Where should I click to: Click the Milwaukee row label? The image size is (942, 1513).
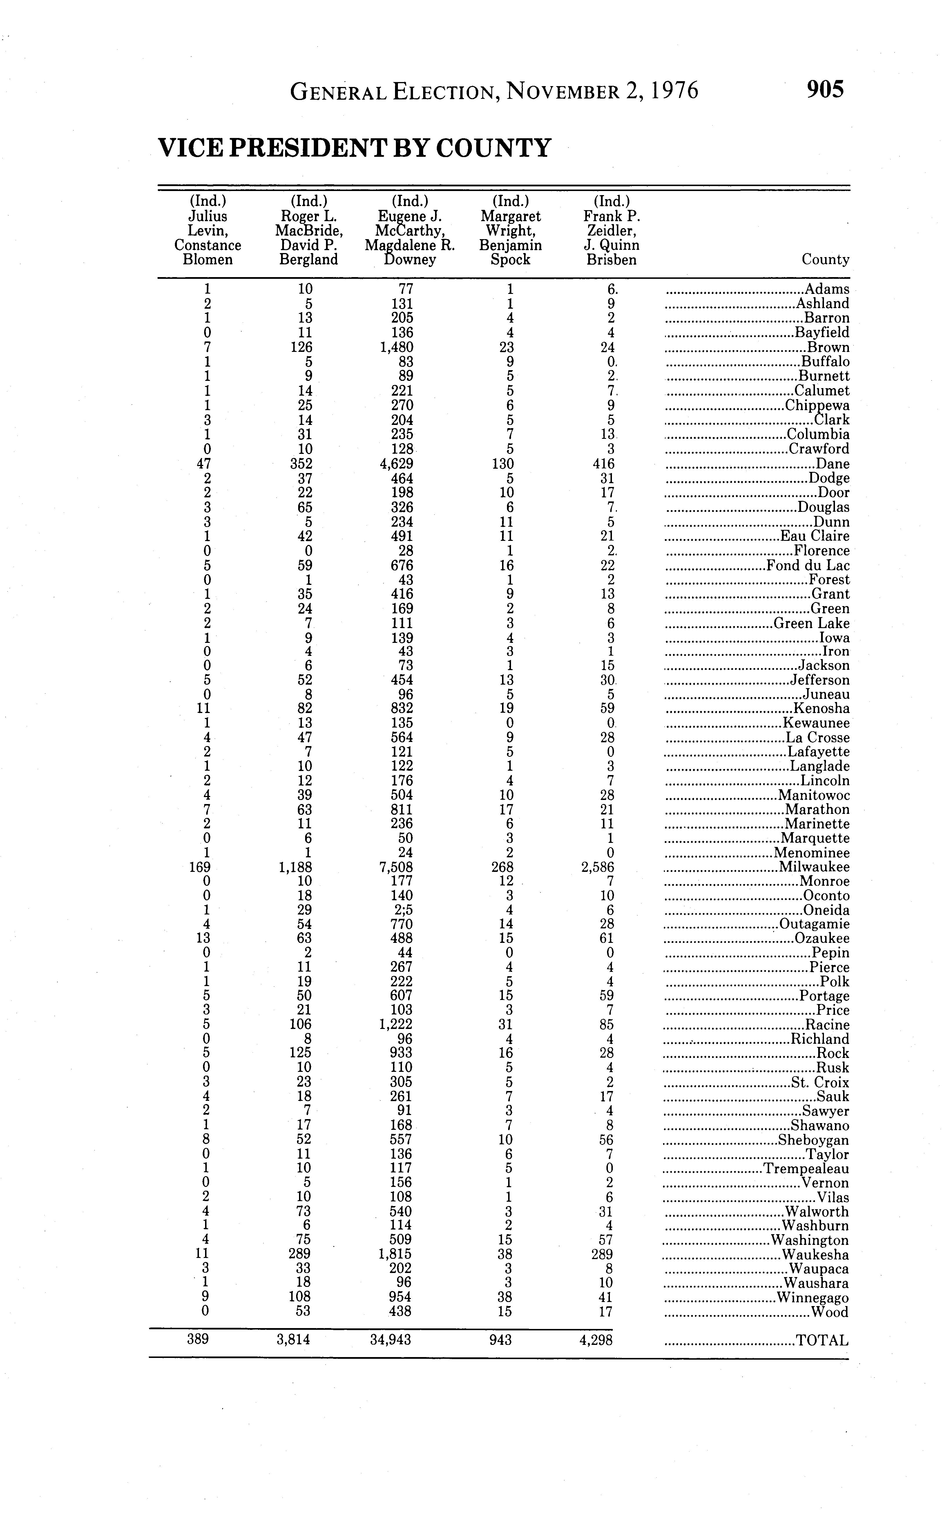[814, 867]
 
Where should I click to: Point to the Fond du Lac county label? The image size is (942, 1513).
[807, 565]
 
